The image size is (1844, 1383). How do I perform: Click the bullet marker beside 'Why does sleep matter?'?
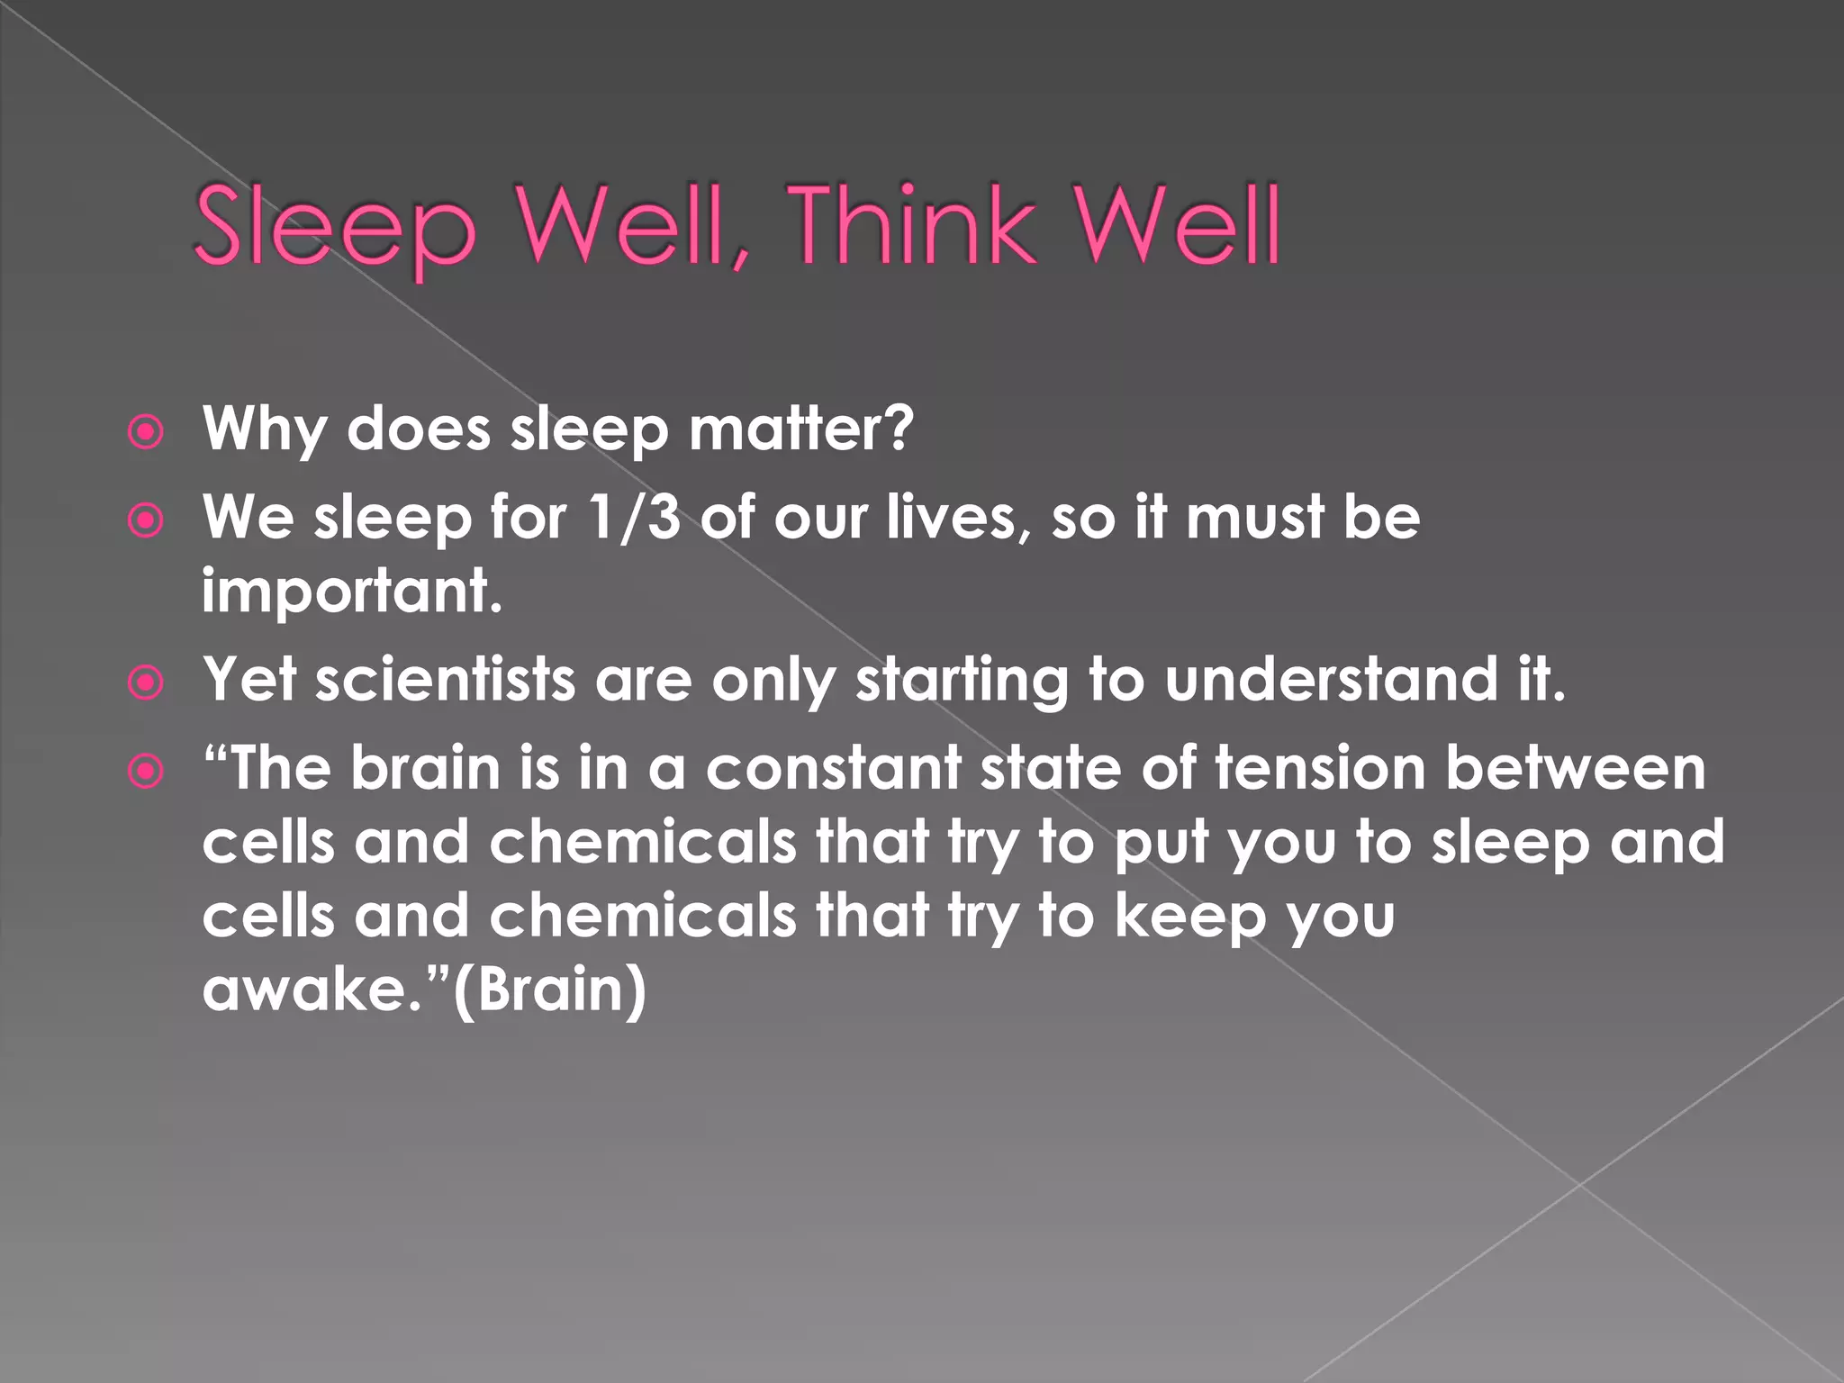click(146, 432)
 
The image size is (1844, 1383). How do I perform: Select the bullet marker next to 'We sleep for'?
click(146, 520)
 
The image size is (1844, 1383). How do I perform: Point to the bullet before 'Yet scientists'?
click(146, 682)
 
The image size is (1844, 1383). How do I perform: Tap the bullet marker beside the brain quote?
click(146, 772)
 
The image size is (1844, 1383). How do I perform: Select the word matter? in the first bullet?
click(801, 429)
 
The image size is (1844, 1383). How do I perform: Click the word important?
click(351, 592)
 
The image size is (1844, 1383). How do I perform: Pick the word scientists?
click(445, 679)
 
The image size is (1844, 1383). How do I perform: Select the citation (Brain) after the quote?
click(549, 990)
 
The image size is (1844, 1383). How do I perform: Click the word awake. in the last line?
click(312, 990)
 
